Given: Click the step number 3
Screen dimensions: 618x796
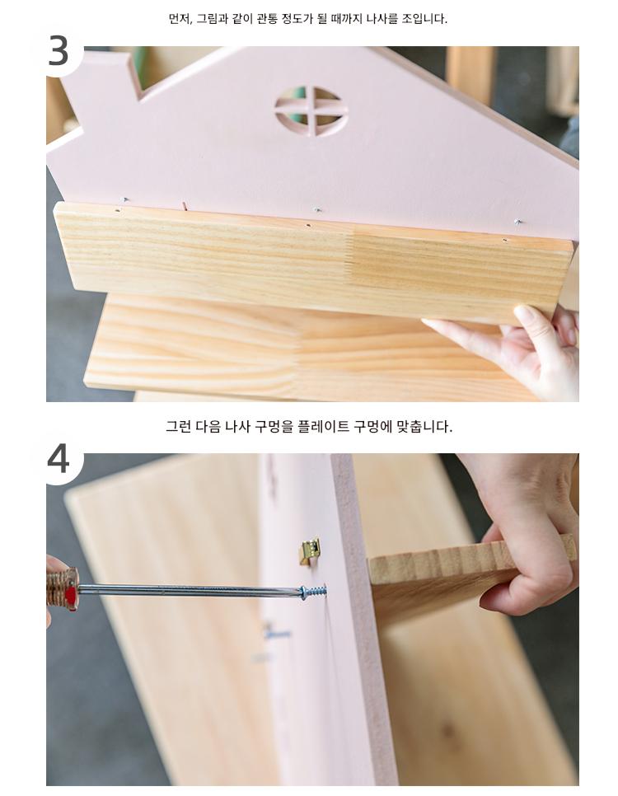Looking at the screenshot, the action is pyautogui.click(x=58, y=51).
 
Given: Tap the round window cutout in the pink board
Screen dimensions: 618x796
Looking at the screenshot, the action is pyautogui.click(x=311, y=110).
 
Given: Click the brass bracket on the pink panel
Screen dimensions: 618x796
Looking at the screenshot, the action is pyautogui.click(x=310, y=550).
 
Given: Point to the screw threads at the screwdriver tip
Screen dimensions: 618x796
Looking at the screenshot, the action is pyautogui.click(x=313, y=592).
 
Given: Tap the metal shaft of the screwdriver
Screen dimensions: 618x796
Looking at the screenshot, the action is pyautogui.click(x=189, y=590).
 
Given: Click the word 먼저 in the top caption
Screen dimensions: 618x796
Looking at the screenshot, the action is pyautogui.click(x=180, y=19).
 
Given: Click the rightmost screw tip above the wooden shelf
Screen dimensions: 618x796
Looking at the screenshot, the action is pyautogui.click(x=517, y=222).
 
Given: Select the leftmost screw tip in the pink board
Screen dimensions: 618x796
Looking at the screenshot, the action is pyautogui.click(x=126, y=199).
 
